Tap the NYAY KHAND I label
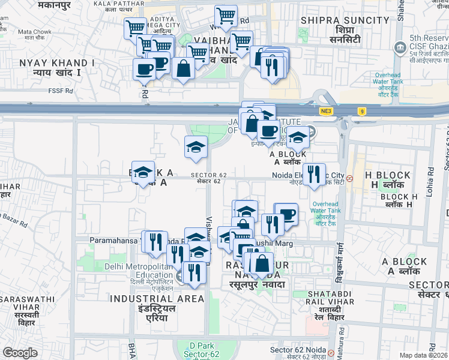click(x=49, y=62)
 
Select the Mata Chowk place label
click(x=34, y=31)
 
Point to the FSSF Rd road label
click(x=61, y=91)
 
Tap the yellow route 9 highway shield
click(x=361, y=111)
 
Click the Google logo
click(x=20, y=353)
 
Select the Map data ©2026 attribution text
click(x=424, y=355)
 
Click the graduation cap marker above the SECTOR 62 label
click(x=195, y=147)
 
